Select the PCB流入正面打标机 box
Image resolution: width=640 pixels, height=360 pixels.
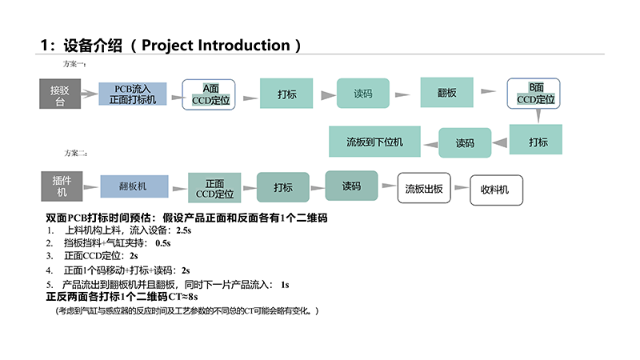pyautogui.click(x=133, y=94)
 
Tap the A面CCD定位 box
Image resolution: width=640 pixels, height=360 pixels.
pyautogui.click(x=209, y=94)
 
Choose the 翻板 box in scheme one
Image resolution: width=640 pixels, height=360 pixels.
pyautogui.click(x=446, y=93)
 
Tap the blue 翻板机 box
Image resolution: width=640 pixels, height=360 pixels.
pyautogui.click(x=133, y=186)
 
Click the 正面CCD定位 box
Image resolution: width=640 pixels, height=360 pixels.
pyautogui.click(x=214, y=188)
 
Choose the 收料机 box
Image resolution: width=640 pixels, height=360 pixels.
pyautogui.click(x=496, y=190)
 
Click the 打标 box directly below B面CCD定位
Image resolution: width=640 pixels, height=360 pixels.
pyautogui.click(x=538, y=142)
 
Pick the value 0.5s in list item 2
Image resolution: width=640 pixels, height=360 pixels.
pyautogui.click(x=163, y=242)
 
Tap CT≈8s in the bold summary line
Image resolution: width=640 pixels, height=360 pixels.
pyautogui.click(x=182, y=297)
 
